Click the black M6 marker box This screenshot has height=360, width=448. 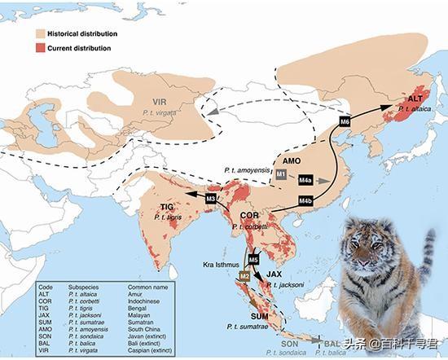point(344,122)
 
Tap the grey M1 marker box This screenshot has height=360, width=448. point(280,174)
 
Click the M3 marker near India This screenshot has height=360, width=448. point(212,199)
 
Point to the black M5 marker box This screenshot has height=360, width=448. point(253,261)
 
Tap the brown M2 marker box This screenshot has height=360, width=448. point(244,277)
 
